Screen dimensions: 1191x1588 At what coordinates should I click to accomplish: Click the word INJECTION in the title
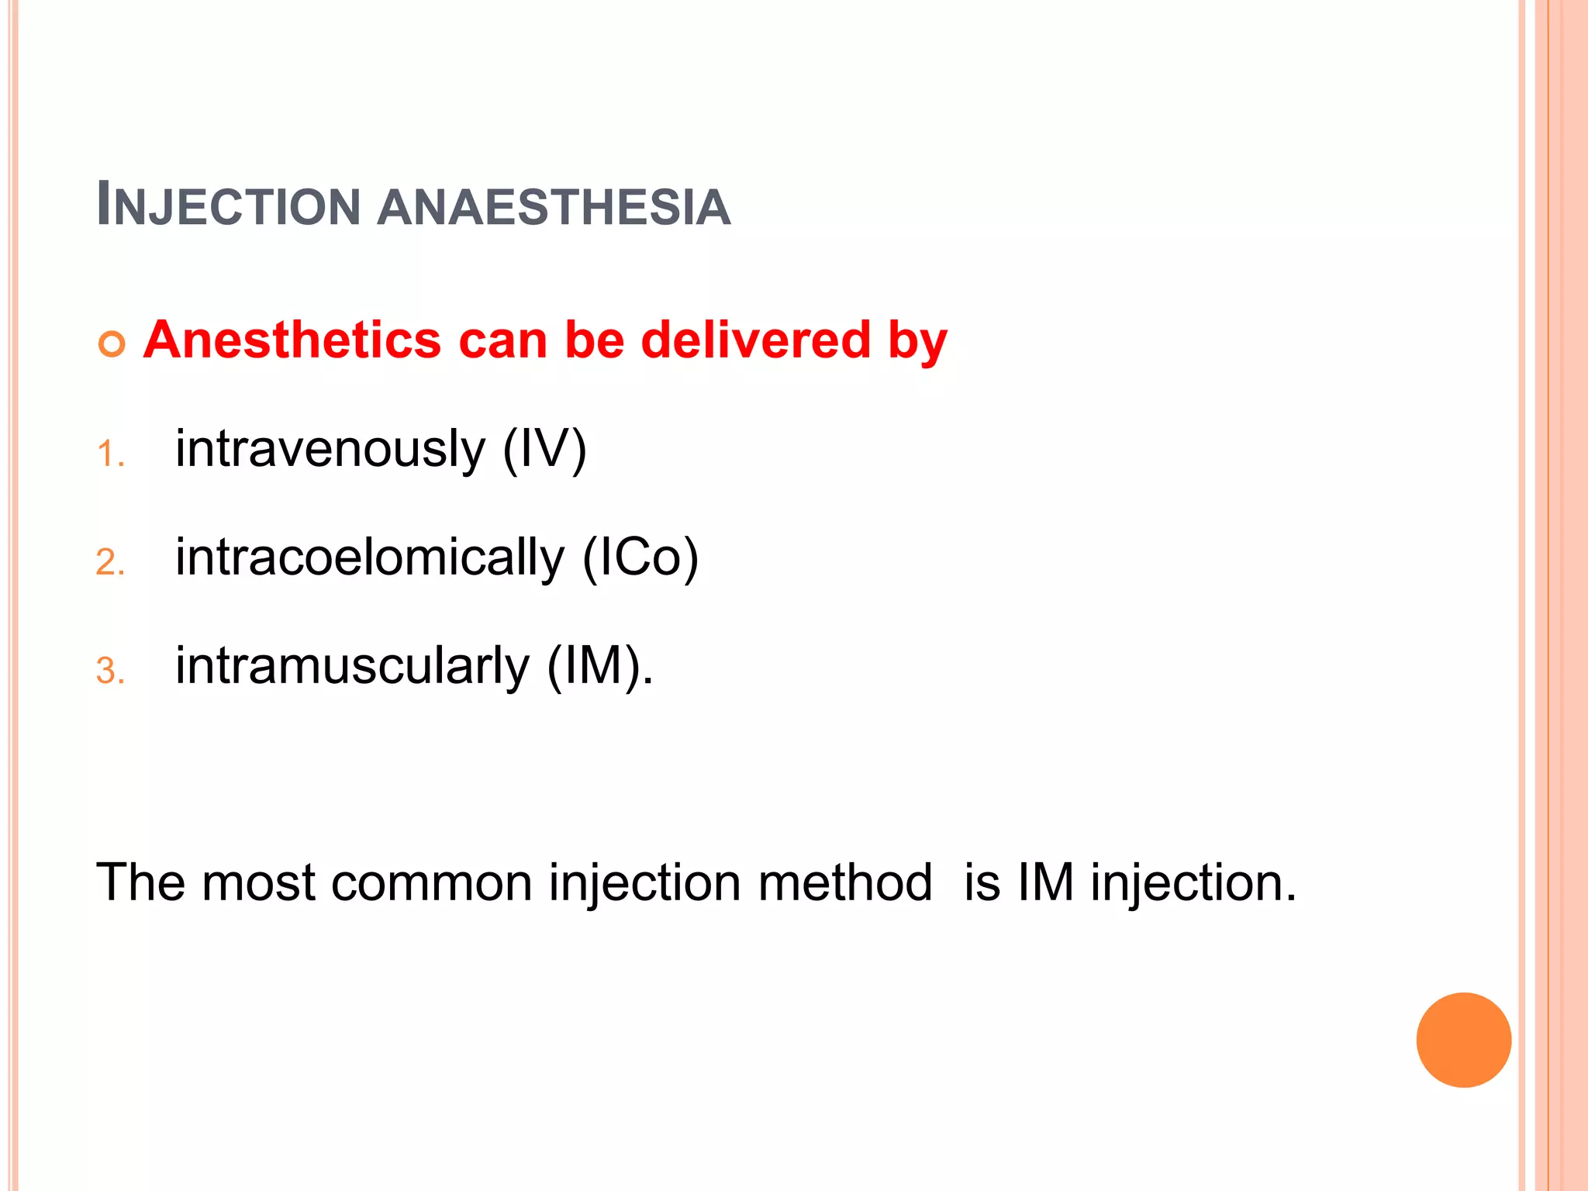coord(229,205)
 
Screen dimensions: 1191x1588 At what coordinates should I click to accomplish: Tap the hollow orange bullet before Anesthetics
coord(112,343)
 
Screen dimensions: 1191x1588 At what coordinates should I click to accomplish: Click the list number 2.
coord(110,562)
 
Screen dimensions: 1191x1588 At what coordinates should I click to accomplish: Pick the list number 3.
coord(110,671)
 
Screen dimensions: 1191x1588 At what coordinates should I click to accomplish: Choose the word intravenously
coord(330,450)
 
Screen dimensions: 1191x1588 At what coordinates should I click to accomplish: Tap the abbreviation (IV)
coord(544,450)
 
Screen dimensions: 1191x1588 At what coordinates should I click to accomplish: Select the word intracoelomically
coord(370,558)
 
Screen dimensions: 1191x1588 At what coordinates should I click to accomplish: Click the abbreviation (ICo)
coord(640,558)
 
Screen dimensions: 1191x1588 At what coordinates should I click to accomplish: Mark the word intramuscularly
coord(352,666)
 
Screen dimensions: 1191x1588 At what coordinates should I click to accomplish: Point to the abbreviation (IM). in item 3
coord(599,666)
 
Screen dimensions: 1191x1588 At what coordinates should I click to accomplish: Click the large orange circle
coord(1463,1040)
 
